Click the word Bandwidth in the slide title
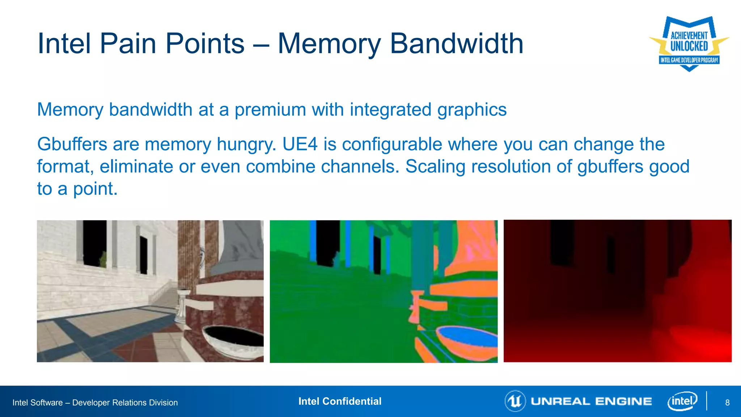[457, 43]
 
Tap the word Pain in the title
[129, 43]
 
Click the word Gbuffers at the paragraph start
[72, 144]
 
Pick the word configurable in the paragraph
[392, 144]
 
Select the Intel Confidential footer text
[340, 401]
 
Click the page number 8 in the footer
[727, 403]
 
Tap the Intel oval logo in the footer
[682, 401]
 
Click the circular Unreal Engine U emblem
[515, 401]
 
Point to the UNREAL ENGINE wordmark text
[591, 401]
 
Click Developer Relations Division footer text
[125, 403]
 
